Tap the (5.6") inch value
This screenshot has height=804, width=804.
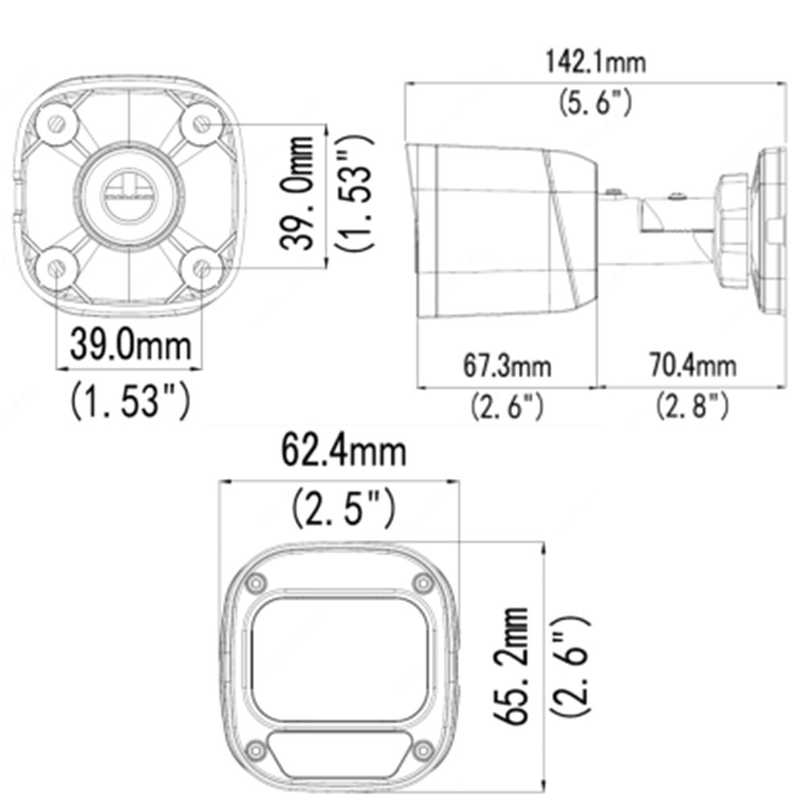[x=595, y=103]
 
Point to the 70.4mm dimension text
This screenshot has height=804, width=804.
[x=693, y=367]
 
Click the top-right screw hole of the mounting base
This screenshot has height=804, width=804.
[x=203, y=125]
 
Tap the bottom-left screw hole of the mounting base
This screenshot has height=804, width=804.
[x=56, y=269]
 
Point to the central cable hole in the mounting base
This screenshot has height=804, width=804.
[x=129, y=194]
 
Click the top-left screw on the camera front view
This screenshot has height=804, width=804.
[x=256, y=582]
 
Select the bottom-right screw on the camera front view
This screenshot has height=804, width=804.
[x=422, y=751]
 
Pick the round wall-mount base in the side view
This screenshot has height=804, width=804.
[x=764, y=228]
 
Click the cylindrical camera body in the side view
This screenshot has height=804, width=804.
[x=503, y=229]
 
